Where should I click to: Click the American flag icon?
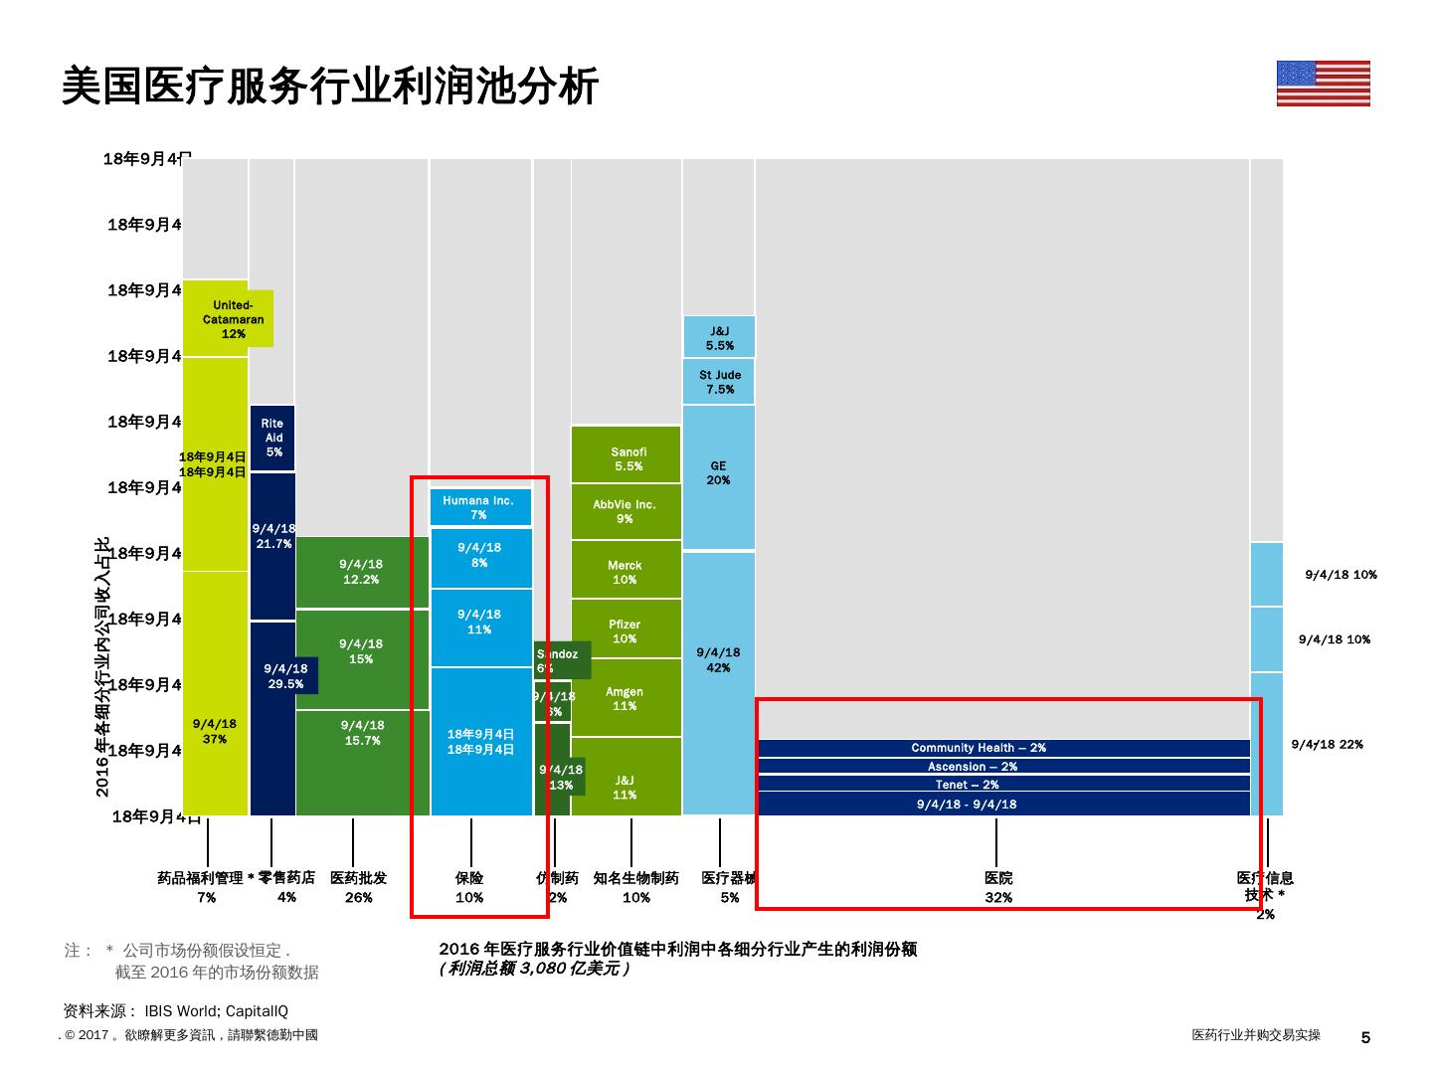pyautogui.click(x=1323, y=84)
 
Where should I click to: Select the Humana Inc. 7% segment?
pyautogui.click(x=479, y=507)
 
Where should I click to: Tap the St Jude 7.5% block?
pyautogui.click(x=719, y=382)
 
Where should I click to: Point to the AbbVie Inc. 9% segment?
pyautogui.click(x=626, y=512)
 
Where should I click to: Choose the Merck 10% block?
pyautogui.click(x=626, y=571)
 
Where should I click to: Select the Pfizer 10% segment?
pyautogui.click(x=626, y=629)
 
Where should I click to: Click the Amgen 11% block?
pyautogui.click(x=626, y=698)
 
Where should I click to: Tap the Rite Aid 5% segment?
pyautogui.click(x=273, y=438)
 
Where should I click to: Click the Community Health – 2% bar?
pyautogui.click(x=1002, y=748)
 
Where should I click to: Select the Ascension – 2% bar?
pyautogui.click(x=1002, y=767)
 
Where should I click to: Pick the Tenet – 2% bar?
pyautogui.click(x=1002, y=785)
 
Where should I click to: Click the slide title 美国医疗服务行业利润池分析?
pyautogui.click(x=330, y=88)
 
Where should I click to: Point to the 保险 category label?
pyautogui.click(x=469, y=878)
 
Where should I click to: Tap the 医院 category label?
pyautogui.click(x=998, y=878)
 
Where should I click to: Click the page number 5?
pyautogui.click(x=1365, y=1037)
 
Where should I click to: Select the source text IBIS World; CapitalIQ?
pyautogui.click(x=216, y=1011)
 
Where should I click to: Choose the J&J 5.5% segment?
pyautogui.click(x=719, y=337)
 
